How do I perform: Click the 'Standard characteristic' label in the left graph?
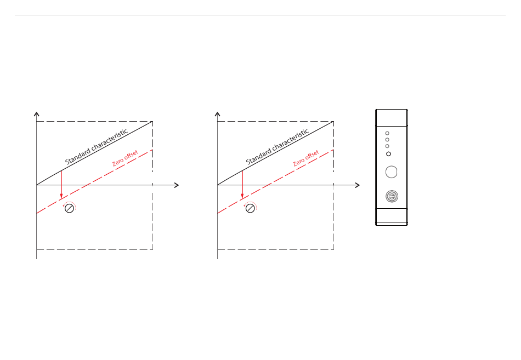97,147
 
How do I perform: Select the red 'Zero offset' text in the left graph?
125,158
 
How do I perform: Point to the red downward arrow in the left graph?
61,184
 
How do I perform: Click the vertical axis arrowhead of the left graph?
37,114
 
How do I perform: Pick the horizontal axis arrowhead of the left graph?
177,185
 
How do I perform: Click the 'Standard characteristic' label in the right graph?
278,147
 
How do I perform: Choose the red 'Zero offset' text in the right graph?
306,158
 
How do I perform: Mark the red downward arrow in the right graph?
242,184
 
